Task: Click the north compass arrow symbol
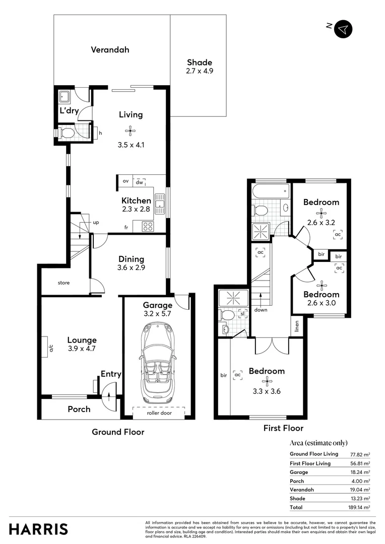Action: coord(343,29)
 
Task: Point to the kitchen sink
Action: coord(160,203)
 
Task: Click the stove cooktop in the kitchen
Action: coord(148,226)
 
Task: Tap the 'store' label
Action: coord(63,283)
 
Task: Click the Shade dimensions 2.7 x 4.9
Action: coord(200,71)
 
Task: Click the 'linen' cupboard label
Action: coord(297,327)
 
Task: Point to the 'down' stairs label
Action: coord(261,310)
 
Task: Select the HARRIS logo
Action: coord(38,529)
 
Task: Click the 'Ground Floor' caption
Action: coord(118,432)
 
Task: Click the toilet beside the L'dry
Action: coord(67,133)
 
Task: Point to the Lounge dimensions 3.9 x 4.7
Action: coord(82,348)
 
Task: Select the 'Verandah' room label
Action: coord(110,50)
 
